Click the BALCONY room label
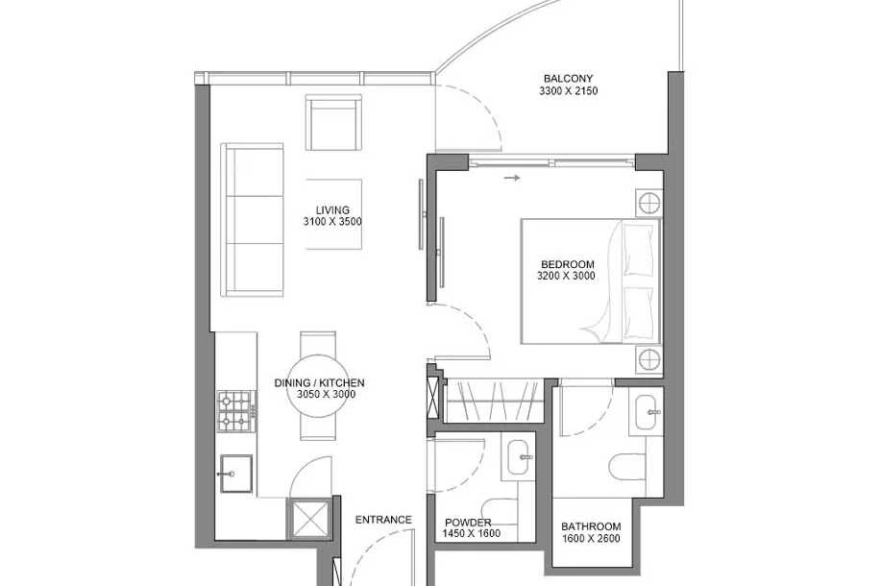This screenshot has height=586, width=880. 568,79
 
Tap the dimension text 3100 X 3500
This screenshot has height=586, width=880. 332,222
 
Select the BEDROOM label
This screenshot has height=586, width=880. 568,264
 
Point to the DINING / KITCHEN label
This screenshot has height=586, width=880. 319,383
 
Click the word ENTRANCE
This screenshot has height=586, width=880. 383,521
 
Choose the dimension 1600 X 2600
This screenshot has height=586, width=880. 591,539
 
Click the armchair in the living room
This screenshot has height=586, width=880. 333,122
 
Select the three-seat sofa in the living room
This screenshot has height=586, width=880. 253,219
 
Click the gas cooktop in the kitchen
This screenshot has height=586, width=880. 237,411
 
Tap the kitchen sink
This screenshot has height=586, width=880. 235,474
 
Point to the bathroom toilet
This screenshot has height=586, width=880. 628,467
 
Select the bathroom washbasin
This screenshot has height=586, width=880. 648,412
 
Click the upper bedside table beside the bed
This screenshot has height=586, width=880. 649,203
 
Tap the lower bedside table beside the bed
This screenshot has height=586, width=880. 649,360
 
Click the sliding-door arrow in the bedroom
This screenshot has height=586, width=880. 512,179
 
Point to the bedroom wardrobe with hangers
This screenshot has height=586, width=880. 494,401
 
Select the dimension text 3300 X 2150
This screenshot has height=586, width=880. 568,91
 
